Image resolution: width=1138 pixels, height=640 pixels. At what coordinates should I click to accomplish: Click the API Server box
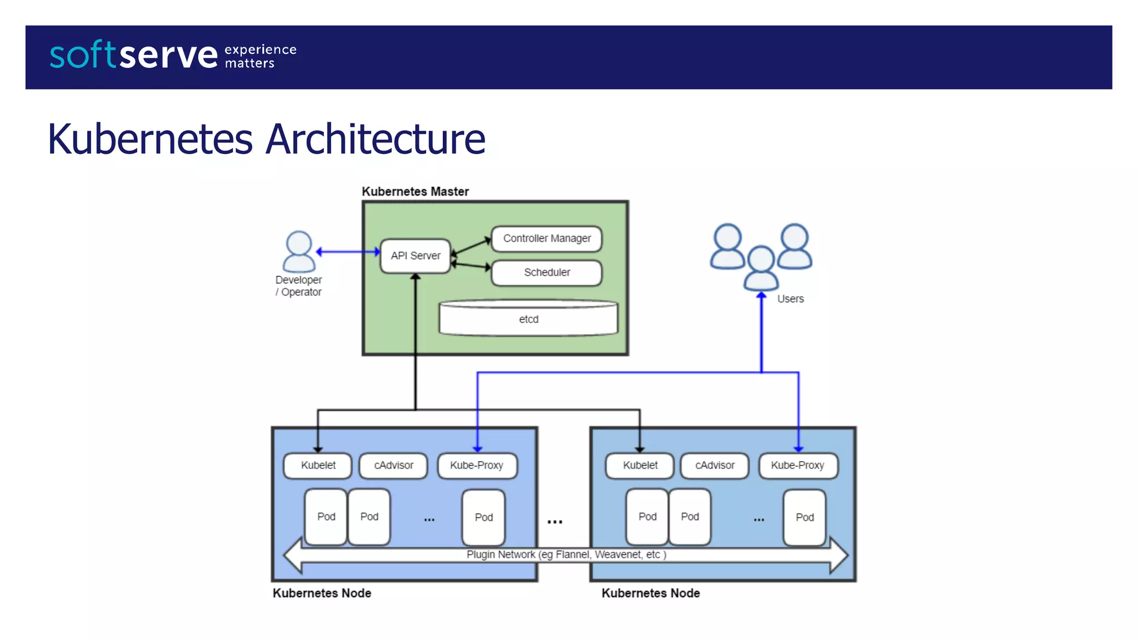[415, 256]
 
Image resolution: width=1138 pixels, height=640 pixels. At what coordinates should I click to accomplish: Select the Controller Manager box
[547, 238]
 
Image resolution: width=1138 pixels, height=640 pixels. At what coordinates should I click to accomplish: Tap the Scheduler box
[547, 272]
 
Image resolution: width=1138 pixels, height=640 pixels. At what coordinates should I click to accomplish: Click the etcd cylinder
[528, 319]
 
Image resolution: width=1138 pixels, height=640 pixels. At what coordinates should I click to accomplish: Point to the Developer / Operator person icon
[299, 251]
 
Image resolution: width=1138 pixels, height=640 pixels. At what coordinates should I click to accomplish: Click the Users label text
[790, 299]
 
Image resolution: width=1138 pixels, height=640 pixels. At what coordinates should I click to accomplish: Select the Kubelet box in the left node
[318, 466]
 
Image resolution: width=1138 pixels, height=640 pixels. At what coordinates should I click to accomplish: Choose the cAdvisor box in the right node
[715, 466]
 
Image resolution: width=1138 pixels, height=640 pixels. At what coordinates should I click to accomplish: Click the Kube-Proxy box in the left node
[477, 466]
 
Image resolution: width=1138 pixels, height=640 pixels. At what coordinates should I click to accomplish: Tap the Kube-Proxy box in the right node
[797, 466]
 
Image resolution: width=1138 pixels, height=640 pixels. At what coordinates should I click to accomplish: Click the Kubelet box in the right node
[640, 466]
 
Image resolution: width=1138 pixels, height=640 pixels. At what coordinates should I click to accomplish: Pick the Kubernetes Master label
[415, 192]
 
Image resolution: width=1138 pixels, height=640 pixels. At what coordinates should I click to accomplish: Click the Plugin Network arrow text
[566, 554]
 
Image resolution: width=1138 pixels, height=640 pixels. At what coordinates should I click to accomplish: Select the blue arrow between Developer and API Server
[348, 252]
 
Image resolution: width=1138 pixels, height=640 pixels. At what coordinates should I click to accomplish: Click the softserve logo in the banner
[133, 55]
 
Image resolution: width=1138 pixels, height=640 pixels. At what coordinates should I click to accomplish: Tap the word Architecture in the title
[375, 139]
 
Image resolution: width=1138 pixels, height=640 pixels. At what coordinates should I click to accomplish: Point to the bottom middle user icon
[761, 268]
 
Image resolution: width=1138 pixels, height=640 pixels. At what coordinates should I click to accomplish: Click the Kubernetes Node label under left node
[322, 593]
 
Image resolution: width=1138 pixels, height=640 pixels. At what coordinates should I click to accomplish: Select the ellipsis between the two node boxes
[555, 522]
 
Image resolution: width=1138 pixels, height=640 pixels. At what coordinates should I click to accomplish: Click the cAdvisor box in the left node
[393, 466]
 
